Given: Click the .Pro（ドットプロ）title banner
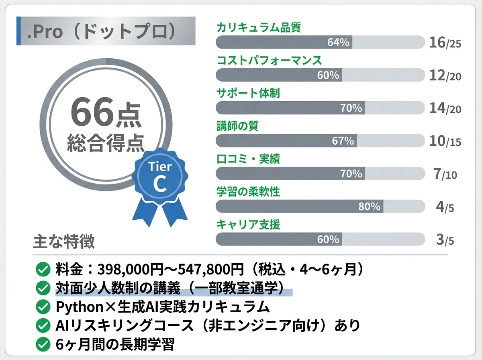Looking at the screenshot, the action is [106, 31].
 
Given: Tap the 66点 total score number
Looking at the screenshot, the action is [106, 112].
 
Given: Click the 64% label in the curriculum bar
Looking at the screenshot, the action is [338, 42].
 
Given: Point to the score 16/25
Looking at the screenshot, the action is [445, 43].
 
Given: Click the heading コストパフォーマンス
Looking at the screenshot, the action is [269, 60].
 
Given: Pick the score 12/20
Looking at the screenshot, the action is [445, 76].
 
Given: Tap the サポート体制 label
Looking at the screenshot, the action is [248, 93].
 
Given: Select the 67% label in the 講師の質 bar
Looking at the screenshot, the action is [343, 141].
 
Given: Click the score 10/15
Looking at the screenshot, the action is [445, 141].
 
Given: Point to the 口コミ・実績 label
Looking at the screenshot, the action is [248, 159].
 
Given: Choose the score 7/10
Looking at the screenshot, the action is [445, 174].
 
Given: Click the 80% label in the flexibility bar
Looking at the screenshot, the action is [370, 207].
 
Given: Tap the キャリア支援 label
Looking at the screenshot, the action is [248, 225].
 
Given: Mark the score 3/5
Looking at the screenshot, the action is [445, 239].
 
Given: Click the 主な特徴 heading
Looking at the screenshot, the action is [64, 241].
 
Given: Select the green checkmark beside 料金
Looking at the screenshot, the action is [43, 269].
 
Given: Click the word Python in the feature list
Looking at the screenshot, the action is [80, 307].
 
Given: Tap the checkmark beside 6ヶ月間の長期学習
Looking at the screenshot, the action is [43, 344].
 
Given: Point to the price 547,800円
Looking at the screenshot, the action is [210, 269].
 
